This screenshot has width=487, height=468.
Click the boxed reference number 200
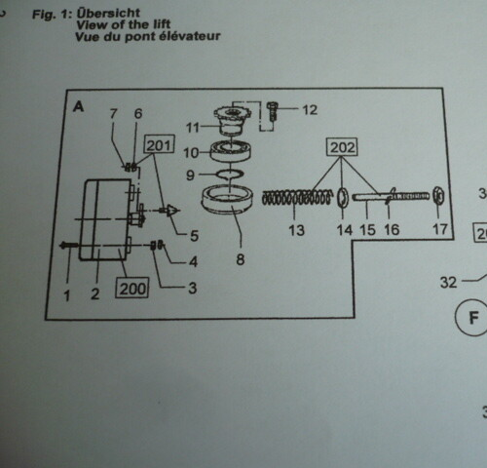pyautogui.click(x=132, y=288)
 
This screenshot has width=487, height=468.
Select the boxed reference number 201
pyautogui.click(x=159, y=144)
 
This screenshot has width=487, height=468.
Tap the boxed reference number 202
pyautogui.click(x=342, y=147)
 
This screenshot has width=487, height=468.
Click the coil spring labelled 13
pyautogui.click(x=297, y=198)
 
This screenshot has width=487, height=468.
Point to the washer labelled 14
pyautogui.click(x=343, y=197)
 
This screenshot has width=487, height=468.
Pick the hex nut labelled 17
pyautogui.click(x=438, y=195)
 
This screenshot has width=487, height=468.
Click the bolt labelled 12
pyautogui.click(x=272, y=110)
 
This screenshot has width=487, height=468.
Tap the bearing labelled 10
pyautogui.click(x=231, y=151)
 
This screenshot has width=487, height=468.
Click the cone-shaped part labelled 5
pyautogui.click(x=171, y=211)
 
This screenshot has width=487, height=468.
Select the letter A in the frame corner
pyautogui.click(x=78, y=106)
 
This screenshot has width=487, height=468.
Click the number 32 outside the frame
pyautogui.click(x=448, y=282)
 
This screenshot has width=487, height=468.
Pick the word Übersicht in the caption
pyautogui.click(x=108, y=14)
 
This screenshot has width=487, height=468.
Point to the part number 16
pyautogui.click(x=392, y=230)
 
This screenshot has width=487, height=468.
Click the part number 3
pyautogui.click(x=192, y=288)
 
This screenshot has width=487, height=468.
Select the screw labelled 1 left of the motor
pyautogui.click(x=69, y=246)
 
